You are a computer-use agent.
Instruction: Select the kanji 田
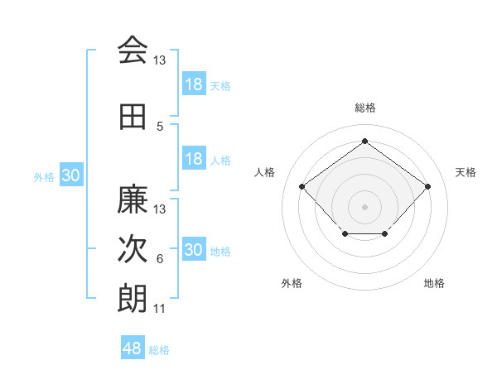133,118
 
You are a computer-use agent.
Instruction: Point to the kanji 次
133,250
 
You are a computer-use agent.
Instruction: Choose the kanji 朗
133,299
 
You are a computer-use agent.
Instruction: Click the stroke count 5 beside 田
160,127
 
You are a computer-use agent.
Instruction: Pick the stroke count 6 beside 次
160,259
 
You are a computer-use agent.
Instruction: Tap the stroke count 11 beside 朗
160,309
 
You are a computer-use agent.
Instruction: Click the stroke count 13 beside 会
160,60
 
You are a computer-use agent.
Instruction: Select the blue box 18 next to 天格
193,84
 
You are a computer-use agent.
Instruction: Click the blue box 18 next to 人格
193,159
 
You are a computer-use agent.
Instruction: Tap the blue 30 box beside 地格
193,250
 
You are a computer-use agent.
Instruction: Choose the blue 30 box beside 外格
70,175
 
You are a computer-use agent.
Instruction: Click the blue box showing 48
133,348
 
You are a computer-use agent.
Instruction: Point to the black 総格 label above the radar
364,108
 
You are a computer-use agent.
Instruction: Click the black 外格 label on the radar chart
292,283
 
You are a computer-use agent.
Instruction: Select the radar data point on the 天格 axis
427,186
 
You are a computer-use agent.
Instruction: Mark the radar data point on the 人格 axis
302,186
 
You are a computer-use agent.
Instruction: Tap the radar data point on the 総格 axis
364,141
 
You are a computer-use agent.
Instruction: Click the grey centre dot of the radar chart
364,206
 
